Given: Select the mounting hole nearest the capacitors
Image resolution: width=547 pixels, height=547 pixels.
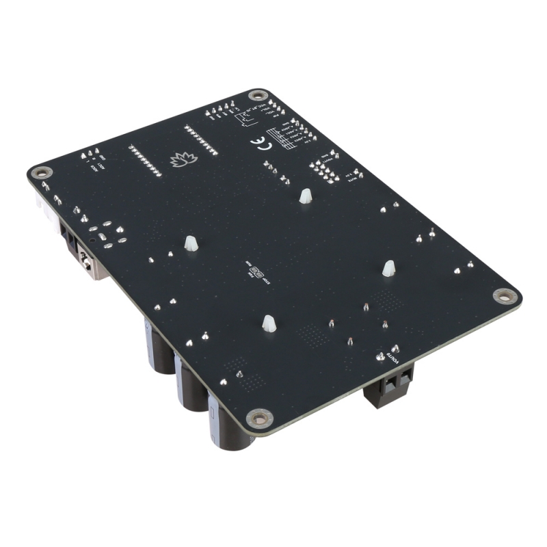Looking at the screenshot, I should pyautogui.click(x=258, y=416).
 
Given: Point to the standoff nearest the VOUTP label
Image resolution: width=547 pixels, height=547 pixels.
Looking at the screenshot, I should pyautogui.click(x=388, y=268).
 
